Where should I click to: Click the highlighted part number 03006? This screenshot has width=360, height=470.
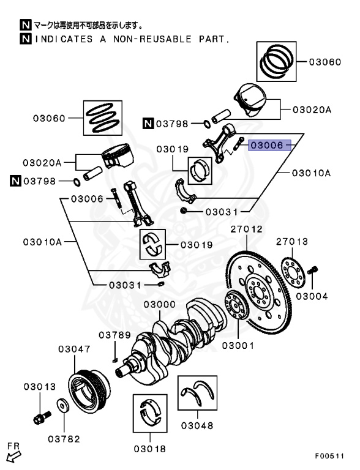267,146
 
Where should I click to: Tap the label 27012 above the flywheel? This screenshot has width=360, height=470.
246,229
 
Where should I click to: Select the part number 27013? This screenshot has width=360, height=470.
292,242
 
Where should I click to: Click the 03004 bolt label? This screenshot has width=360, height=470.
312,296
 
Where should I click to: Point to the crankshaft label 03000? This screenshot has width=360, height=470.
160,304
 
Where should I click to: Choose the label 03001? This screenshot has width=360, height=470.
238,346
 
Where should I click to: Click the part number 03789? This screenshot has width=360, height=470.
115,335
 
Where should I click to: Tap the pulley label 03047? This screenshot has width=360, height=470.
74,349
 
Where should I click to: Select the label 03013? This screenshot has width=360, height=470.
40,387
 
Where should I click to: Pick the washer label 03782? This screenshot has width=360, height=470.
64,439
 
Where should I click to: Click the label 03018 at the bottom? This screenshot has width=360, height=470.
150,449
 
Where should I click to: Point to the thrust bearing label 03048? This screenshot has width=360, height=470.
197,425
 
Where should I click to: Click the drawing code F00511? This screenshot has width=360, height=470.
329,456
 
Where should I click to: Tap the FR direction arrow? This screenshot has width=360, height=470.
14,457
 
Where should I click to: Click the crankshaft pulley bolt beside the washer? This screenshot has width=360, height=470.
42,417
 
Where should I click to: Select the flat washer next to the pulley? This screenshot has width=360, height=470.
63,406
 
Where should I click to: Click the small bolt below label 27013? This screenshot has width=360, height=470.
312,270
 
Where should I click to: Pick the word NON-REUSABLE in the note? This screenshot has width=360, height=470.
152,39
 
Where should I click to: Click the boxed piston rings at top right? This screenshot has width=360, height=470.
276,61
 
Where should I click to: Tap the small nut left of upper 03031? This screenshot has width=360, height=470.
184,211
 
